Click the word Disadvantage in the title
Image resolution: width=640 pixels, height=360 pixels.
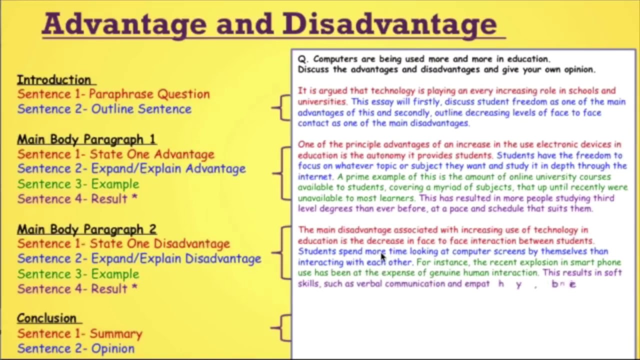click(389, 23)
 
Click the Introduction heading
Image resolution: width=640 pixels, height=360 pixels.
click(54, 80)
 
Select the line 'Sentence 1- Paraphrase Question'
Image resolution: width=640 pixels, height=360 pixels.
click(113, 94)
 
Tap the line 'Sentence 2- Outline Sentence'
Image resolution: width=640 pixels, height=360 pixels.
click(104, 109)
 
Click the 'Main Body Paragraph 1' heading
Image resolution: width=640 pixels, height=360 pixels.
click(86, 139)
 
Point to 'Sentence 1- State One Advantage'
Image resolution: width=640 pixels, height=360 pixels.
click(115, 154)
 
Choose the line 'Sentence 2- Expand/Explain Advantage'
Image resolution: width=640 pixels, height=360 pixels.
click(131, 169)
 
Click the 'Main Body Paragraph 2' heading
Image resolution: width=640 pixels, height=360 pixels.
click(86, 229)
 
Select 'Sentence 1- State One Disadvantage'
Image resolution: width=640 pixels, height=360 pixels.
click(123, 244)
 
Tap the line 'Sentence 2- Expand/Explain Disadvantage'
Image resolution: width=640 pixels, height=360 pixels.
click(139, 259)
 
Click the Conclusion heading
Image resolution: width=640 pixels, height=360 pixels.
click(46, 318)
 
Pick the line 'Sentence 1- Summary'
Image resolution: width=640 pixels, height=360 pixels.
click(79, 333)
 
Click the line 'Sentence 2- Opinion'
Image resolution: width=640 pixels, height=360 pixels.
click(75, 348)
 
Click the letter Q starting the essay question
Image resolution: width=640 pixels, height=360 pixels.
click(301, 59)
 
